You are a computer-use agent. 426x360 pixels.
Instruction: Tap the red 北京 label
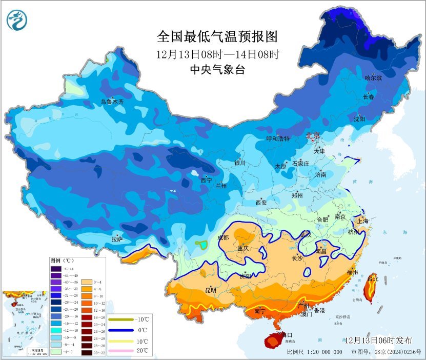coord(313,136)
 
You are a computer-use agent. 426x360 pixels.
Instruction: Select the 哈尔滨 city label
coord(373,78)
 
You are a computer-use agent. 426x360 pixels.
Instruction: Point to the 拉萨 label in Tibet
coord(117,239)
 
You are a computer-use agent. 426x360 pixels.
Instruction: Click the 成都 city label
coord(223,237)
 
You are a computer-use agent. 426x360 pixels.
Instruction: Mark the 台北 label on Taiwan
coord(373,279)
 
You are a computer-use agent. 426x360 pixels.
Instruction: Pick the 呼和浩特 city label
coord(277,138)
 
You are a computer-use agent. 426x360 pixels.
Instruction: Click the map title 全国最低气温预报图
coord(217,36)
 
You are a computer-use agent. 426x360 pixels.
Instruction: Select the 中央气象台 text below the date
coord(217,70)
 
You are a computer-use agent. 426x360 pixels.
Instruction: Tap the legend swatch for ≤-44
coord(56,268)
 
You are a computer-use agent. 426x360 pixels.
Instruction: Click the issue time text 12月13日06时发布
coord(378,341)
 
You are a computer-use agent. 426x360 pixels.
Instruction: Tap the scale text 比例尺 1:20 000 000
coord(315,352)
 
